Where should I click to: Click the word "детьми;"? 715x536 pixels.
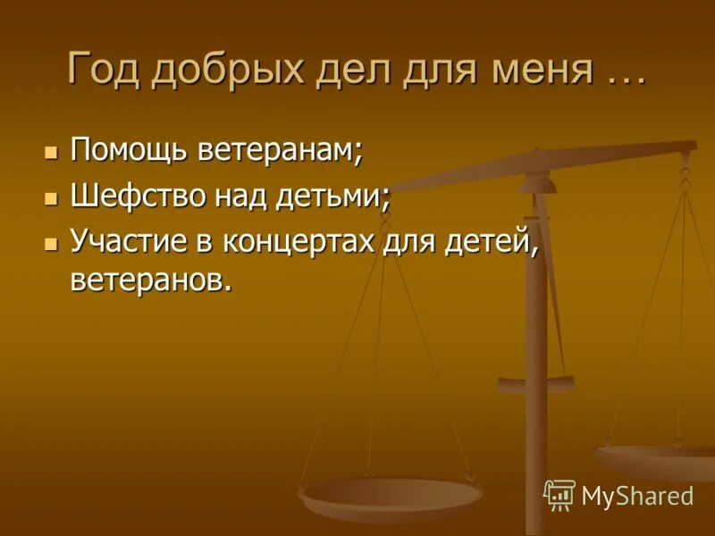pyautogui.click(x=336, y=196)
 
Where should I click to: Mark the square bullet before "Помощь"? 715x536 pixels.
pyautogui.click(x=51, y=151)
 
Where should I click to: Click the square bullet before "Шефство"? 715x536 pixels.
pyautogui.click(x=51, y=197)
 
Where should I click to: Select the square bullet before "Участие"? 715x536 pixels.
pyautogui.click(x=51, y=243)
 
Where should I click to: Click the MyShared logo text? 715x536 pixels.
pyautogui.click(x=637, y=495)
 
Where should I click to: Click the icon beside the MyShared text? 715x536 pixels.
pyautogui.click(x=559, y=494)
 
